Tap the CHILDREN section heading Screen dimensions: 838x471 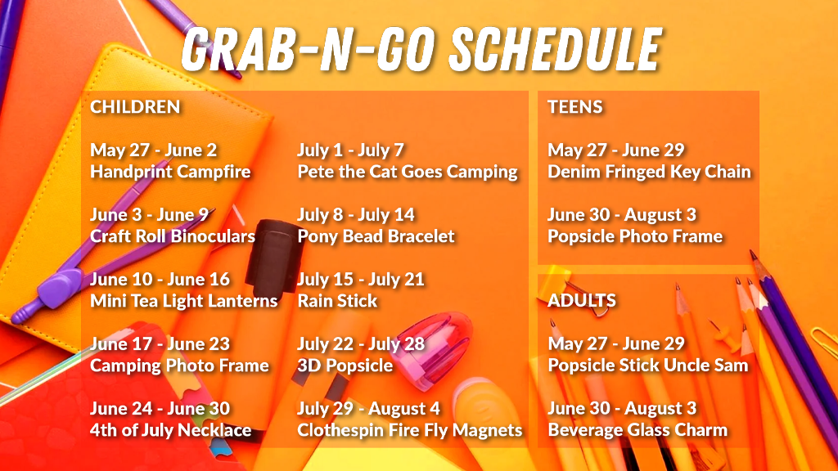[x=135, y=107]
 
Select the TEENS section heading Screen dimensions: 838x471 [x=575, y=107]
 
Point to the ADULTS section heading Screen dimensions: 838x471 [x=582, y=300]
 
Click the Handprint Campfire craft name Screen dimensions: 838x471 [x=170, y=172]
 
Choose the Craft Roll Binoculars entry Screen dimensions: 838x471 [x=173, y=236]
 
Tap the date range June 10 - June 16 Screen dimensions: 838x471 [x=160, y=279]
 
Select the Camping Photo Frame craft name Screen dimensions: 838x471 [x=179, y=366]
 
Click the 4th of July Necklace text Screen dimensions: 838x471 [x=170, y=430]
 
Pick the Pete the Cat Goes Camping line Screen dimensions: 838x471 [x=408, y=172]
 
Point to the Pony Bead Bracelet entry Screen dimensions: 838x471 [x=376, y=236]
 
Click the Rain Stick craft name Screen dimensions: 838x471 [x=337, y=301]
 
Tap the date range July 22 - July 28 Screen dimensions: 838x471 [x=361, y=344]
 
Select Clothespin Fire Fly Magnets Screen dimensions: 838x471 [x=410, y=430]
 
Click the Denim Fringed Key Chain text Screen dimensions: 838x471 [x=649, y=172]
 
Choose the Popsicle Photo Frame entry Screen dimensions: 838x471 [x=635, y=236]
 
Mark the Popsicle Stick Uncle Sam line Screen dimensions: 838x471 [x=648, y=366]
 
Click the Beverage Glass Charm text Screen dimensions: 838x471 [x=638, y=430]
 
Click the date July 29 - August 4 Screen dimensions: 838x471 [x=369, y=409]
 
